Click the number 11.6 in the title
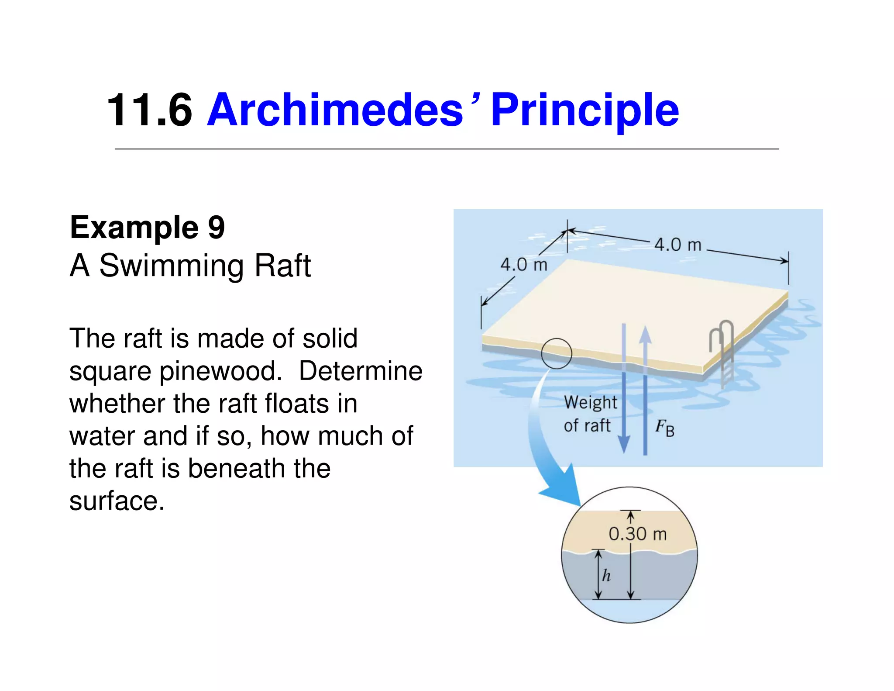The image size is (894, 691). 149,110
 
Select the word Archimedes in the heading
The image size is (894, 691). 335,110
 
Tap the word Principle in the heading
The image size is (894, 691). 585,110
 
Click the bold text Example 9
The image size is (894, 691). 147,227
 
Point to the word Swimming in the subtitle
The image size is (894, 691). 172,266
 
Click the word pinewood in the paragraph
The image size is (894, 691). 218,371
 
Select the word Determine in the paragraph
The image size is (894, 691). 361,371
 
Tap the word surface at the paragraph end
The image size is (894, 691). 117,501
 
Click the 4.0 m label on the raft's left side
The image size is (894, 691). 523,265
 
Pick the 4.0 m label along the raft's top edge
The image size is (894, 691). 677,245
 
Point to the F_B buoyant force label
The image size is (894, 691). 664,428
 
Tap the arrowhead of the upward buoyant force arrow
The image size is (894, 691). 645,334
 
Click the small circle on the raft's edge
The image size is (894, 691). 556,353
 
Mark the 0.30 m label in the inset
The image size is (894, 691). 638,534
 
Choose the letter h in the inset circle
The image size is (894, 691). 606,576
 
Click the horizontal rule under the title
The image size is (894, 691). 447,149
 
